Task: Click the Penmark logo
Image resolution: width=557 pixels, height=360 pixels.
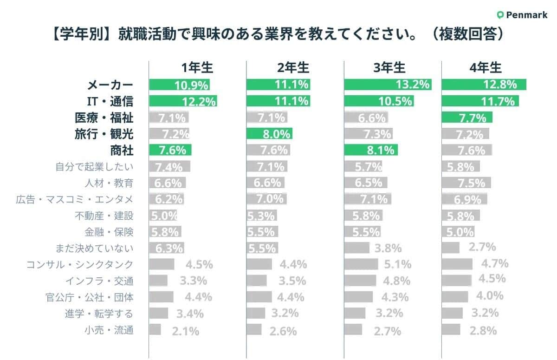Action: coord(522,15)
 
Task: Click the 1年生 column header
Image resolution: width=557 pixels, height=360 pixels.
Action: coord(197,68)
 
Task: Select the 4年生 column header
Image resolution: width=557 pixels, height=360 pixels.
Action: coord(486,68)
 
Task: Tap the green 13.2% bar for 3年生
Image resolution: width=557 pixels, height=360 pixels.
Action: coord(387,85)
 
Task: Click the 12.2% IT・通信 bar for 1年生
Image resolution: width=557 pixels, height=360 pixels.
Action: coord(183,101)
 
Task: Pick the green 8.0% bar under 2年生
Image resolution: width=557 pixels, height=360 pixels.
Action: coord(269,134)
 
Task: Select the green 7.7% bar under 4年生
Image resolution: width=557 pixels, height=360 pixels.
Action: coord(467,118)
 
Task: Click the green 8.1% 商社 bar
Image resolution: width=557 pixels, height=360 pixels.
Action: coord(371,150)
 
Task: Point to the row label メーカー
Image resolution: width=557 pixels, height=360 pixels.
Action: coord(110,85)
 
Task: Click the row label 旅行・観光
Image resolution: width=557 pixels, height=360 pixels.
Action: coord(104,134)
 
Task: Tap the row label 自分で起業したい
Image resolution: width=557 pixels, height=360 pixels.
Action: coord(94,167)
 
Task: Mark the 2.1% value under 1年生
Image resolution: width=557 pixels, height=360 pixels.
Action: coord(185,331)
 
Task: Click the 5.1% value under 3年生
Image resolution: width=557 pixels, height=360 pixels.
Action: coord(397,265)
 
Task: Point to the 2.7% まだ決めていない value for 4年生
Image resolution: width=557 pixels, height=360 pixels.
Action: coord(482,247)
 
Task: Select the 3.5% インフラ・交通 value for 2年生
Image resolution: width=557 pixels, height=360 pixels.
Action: coord(292,281)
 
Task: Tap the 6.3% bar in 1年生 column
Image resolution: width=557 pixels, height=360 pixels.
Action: coord(166,248)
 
